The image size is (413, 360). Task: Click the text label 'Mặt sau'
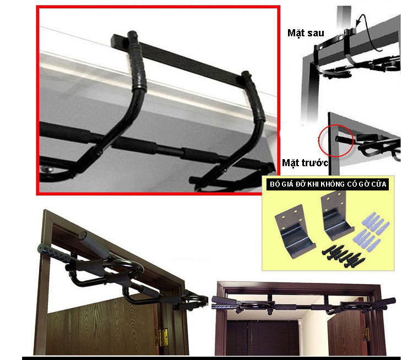306,33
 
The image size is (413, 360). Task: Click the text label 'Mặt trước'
305,163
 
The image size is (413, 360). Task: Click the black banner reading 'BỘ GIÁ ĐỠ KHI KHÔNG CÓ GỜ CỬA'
328,184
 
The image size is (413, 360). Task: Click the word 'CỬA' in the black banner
378,184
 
